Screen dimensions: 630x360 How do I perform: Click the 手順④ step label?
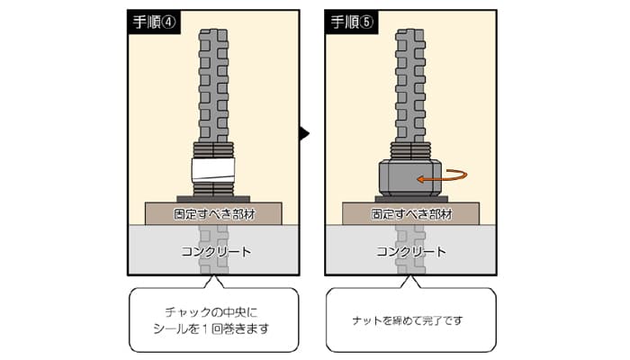click(x=154, y=22)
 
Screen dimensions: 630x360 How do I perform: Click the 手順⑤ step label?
click(x=352, y=22)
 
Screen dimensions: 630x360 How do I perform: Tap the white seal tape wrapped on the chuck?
click(x=213, y=169)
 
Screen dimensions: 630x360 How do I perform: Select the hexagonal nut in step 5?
click(x=409, y=177)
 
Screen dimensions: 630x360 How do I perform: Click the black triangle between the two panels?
click(x=304, y=133)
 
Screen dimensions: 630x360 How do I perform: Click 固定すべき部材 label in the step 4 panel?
click(x=214, y=214)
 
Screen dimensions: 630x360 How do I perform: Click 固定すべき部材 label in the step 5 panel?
click(x=411, y=214)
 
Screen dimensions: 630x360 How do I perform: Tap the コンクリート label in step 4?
click(x=216, y=252)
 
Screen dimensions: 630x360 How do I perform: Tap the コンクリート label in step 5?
click(x=411, y=252)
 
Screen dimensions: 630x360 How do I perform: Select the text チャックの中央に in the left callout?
click(x=211, y=311)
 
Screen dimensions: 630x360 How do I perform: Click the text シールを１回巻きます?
click(x=211, y=328)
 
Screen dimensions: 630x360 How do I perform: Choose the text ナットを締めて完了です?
click(x=408, y=320)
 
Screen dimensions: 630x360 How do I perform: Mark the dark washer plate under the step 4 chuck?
click(x=213, y=199)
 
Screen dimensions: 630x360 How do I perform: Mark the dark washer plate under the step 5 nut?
click(x=411, y=199)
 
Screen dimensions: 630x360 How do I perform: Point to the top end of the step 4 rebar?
click(x=213, y=30)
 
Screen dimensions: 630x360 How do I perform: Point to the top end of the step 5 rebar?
click(x=409, y=30)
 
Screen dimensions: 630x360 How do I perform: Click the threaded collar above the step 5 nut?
click(x=409, y=151)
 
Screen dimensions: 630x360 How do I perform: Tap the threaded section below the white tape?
click(x=213, y=189)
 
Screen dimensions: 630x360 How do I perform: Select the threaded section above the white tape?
click(x=213, y=150)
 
